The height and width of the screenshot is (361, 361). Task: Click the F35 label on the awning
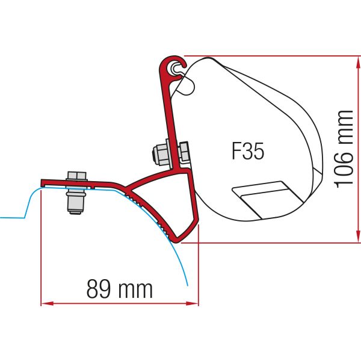click(x=248, y=151)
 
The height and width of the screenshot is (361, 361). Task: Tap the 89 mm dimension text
click(x=120, y=289)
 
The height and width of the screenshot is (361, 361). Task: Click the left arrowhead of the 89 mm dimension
click(x=47, y=303)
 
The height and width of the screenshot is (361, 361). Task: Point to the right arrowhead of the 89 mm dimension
click(x=192, y=303)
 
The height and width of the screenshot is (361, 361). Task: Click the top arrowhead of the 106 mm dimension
click(x=358, y=62)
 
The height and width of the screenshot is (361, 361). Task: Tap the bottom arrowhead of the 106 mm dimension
click(x=358, y=236)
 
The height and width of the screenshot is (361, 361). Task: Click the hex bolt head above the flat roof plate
click(x=76, y=176)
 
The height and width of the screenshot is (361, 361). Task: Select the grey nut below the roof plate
click(x=76, y=202)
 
